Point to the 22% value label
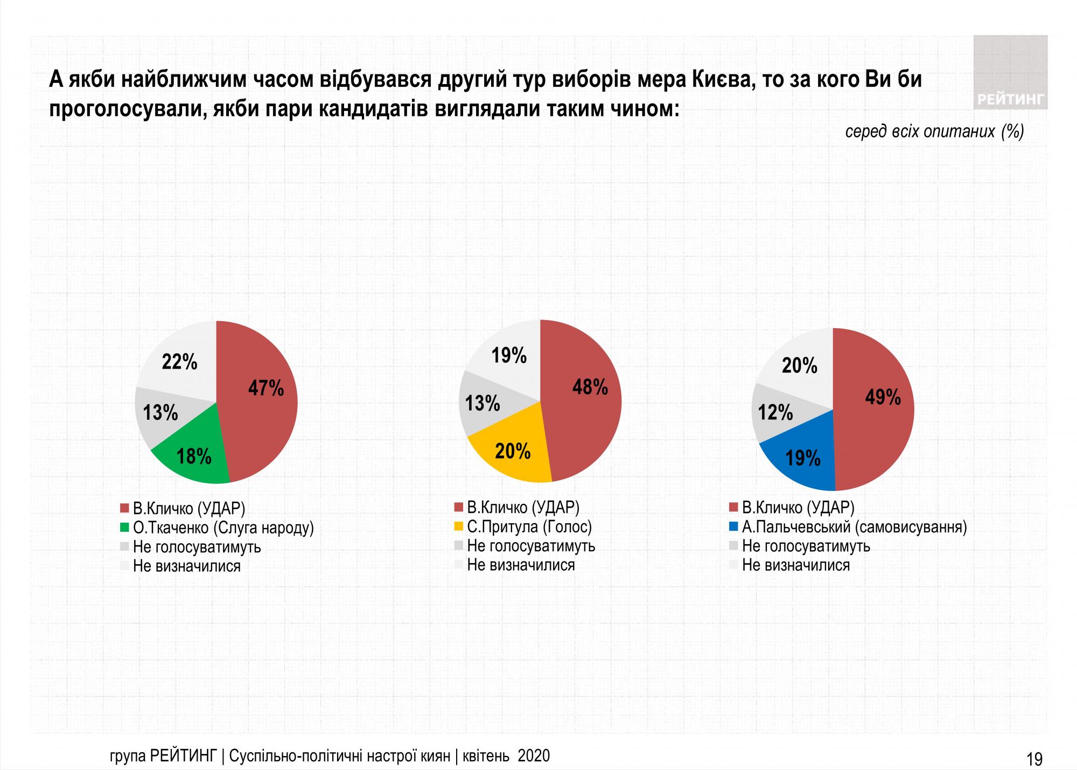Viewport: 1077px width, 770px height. coord(180,363)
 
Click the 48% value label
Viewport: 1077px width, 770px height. coord(590,387)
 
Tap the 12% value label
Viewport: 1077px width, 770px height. coord(775,413)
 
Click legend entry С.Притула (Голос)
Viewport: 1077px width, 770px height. coord(529,526)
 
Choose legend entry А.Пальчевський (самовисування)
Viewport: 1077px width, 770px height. coord(854,526)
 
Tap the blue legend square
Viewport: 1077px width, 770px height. coord(733,526)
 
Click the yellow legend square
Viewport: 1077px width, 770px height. coord(459,526)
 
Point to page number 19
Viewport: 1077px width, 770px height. coord(1034,759)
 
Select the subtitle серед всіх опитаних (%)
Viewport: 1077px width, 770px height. coord(934,132)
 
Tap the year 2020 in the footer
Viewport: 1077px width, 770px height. coord(534,756)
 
